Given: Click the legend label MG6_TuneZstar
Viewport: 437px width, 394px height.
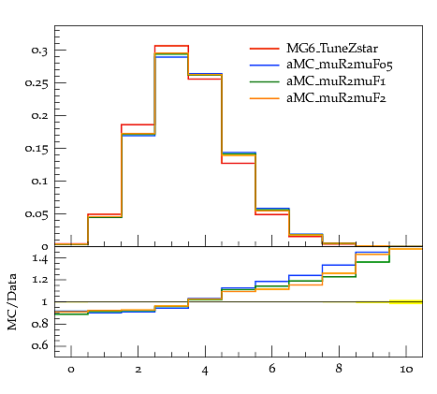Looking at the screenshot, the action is [332, 49].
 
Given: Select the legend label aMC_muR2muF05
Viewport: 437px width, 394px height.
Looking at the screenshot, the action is [340, 65].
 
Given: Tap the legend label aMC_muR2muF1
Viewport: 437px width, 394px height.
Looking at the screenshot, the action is [336, 81].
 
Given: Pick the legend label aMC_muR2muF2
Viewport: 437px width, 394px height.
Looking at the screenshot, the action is [336, 98].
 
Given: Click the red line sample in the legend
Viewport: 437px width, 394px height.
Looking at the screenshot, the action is [264, 49].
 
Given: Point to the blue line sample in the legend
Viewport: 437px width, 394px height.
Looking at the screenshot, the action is [264, 65].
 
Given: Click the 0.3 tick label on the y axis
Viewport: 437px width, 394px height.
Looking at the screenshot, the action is [39, 51].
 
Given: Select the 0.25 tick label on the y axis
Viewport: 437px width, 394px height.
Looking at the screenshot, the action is [36, 83].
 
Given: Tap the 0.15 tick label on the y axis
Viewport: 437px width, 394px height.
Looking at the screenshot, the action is [36, 149].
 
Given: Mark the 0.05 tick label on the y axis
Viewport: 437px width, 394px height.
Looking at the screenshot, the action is [36, 214].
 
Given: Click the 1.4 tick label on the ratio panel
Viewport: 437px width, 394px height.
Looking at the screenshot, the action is [39, 258].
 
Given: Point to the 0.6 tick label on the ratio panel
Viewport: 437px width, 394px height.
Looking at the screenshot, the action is [39, 345].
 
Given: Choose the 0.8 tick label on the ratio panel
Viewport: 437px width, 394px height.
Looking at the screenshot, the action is [39, 324].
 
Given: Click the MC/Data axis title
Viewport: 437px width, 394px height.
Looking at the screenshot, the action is [12, 301].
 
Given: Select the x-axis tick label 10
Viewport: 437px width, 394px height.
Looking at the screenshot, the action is [406, 370].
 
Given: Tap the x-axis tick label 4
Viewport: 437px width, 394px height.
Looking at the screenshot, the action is [205, 371].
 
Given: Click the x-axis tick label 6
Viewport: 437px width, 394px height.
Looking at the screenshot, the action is [272, 369].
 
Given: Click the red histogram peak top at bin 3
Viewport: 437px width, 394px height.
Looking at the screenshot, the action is [171, 46].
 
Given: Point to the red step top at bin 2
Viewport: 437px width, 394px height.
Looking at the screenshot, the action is [138, 124].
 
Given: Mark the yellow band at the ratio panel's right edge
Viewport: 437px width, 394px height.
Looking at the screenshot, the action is [406, 301].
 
